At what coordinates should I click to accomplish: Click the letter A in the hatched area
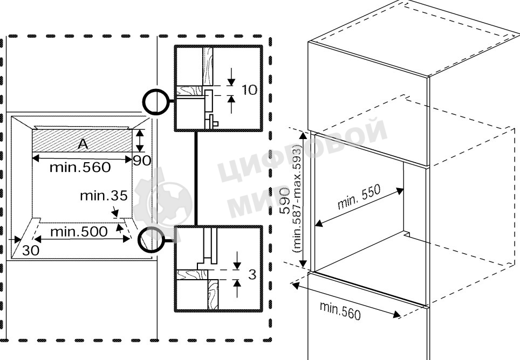coord(83,144)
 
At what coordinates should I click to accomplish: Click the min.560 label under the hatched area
coord(80,167)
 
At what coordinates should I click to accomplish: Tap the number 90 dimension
coord(142,161)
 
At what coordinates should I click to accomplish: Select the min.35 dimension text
coord(104,196)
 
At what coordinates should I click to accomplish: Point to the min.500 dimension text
coord(79,232)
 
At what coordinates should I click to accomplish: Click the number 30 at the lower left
coord(31,251)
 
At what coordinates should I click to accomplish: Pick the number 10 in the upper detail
coord(249,90)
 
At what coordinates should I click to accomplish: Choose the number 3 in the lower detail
coord(252,274)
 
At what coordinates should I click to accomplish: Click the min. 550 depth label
coord(359,197)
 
